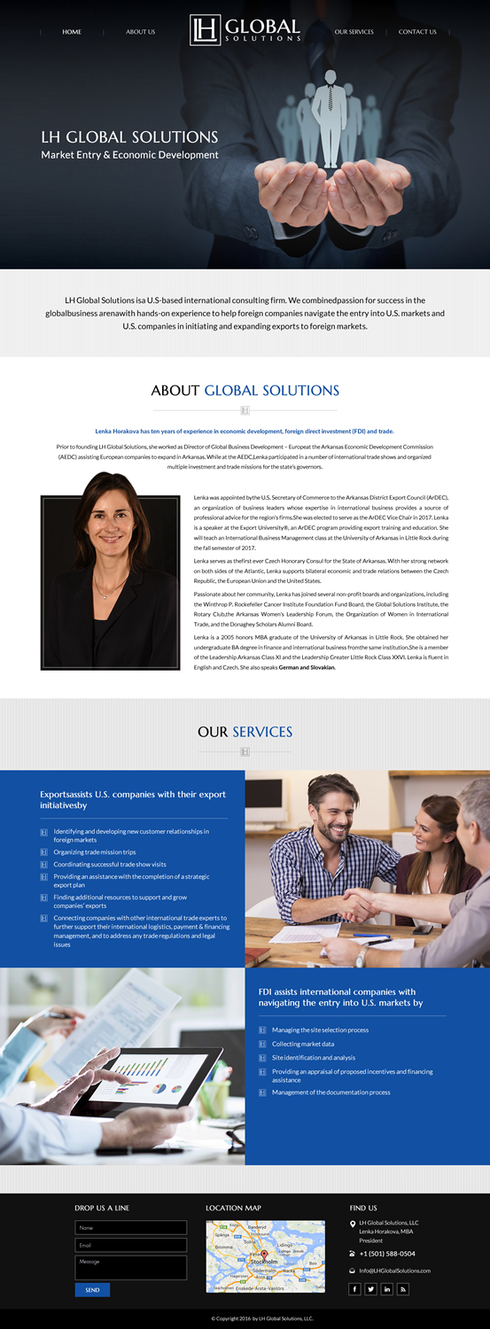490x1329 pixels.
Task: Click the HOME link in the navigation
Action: point(72,32)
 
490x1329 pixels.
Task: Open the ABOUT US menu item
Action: point(140,32)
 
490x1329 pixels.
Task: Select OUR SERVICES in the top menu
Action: point(354,32)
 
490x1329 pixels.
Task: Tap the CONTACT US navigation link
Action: point(417,32)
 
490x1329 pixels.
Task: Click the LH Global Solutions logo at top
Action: point(245,29)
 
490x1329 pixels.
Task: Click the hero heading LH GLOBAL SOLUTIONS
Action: point(129,137)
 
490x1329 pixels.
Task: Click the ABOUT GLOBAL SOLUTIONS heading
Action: point(245,390)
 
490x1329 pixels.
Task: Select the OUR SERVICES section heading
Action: point(245,732)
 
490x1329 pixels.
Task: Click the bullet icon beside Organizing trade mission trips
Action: point(44,852)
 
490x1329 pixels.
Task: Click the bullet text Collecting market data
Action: point(303,1044)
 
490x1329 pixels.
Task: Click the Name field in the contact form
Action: point(130,1228)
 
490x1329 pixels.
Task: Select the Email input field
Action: point(130,1245)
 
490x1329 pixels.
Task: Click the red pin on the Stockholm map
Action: point(264,1255)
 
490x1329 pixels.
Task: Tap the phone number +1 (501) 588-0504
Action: point(387,1254)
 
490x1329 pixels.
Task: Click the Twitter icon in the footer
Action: point(370,1289)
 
